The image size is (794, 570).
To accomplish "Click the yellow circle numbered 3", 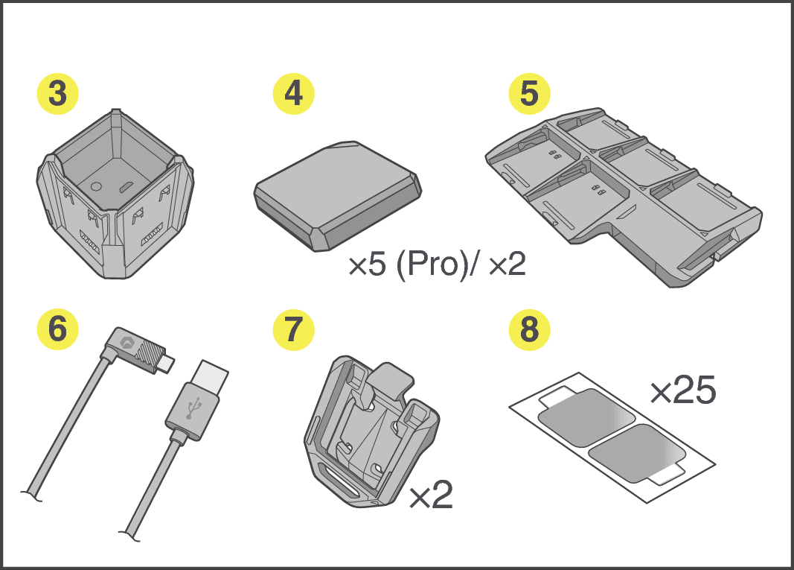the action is tap(58, 94).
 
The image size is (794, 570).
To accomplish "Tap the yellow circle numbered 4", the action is tap(294, 94).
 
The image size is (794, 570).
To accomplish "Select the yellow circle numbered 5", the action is tap(529, 94).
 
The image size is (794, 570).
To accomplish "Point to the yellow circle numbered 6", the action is tap(58, 329).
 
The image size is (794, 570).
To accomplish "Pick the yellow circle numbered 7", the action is tap(294, 329).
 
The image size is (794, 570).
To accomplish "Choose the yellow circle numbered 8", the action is tap(529, 329).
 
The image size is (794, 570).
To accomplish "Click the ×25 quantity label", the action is tap(683, 390).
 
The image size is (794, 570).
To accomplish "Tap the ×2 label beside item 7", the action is tap(431, 495).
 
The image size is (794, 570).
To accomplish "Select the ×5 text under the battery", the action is tap(368, 265).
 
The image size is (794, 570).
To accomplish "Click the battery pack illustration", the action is tap(337, 196).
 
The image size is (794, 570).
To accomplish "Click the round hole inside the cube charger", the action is tap(96, 186).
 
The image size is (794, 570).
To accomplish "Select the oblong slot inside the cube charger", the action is tap(126, 188).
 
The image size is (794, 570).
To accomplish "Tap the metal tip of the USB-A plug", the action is tap(211, 376).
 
